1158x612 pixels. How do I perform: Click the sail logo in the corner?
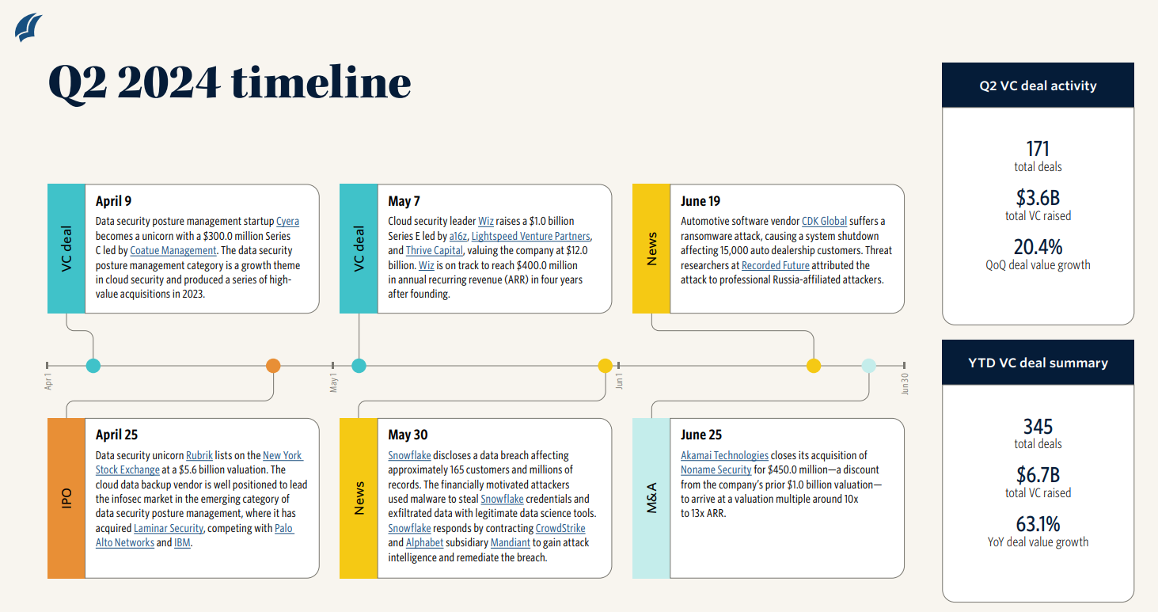coord(29,27)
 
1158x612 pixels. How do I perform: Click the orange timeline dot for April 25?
coord(273,366)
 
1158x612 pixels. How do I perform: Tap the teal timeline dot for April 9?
coord(93,366)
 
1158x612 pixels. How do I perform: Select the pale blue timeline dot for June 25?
coord(868,366)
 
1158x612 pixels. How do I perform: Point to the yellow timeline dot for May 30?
coord(605,366)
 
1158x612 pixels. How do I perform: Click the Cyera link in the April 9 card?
coord(287,222)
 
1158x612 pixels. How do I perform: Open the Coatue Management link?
coord(173,251)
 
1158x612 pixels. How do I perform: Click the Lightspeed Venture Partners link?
coord(531,236)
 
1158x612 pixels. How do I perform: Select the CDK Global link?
coord(824,222)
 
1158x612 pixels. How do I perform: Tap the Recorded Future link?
coord(776,265)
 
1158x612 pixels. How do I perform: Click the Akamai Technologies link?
coord(724,455)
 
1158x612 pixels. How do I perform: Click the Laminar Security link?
coord(169,528)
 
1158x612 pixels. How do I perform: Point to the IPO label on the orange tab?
coord(66,498)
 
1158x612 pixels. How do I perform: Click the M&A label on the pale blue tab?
coord(652,498)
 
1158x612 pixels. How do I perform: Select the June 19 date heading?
coord(700,201)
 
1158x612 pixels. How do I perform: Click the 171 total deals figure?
coord(1038,149)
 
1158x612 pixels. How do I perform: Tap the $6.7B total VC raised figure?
coord(1038,475)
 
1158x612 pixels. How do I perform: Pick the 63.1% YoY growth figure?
coord(1038,524)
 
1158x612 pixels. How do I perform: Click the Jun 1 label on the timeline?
coord(620,382)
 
